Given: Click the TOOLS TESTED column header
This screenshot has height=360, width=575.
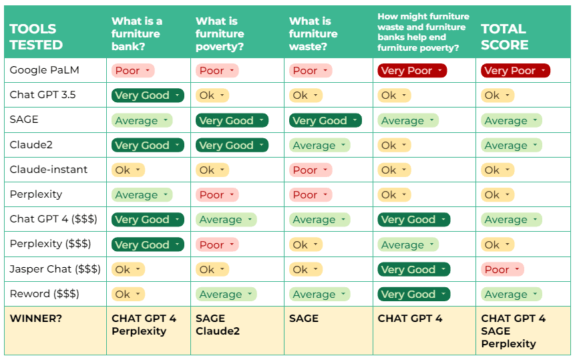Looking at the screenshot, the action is [36, 37].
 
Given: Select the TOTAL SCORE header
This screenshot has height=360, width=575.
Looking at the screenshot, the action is [505, 37].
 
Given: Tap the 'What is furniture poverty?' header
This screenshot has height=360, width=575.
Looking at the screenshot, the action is [220, 33].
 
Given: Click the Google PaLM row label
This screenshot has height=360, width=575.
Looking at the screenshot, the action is [44, 70].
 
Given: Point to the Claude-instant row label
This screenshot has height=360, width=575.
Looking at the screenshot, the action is [48, 170].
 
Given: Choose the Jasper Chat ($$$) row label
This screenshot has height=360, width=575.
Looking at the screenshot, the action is [55, 269].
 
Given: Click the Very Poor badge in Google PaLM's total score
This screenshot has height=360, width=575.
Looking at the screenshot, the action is [516, 70].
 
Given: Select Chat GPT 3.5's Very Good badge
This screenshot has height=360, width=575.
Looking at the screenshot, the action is [148, 96].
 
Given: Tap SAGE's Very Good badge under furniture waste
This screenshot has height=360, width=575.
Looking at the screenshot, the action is [325, 120].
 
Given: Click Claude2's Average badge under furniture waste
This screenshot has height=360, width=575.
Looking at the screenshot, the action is [319, 145].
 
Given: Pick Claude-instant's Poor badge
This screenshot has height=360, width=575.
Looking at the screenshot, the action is [311, 170].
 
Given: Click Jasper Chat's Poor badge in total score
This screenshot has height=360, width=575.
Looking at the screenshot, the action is [502, 269].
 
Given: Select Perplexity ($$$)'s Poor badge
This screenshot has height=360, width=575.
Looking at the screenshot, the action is [217, 244].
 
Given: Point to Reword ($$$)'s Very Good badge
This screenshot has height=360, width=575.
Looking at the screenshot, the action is [413, 294].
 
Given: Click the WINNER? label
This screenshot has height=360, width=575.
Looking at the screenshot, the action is [36, 318].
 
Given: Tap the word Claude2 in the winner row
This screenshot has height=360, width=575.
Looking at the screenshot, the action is [218, 331].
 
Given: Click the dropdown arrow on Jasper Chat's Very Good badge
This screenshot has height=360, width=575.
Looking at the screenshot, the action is [443, 269].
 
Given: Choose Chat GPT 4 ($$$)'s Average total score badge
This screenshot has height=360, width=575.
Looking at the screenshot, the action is [511, 220].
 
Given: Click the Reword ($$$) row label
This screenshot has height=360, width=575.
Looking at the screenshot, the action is [44, 294].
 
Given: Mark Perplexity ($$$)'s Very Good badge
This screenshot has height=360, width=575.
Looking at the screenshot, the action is [148, 244].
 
